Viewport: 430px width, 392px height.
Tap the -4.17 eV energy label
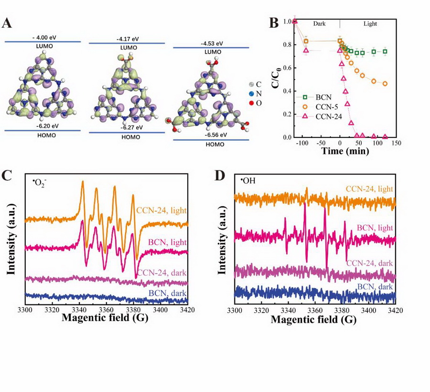coord(126,38)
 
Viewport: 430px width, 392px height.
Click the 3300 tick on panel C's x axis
coord(25,310)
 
